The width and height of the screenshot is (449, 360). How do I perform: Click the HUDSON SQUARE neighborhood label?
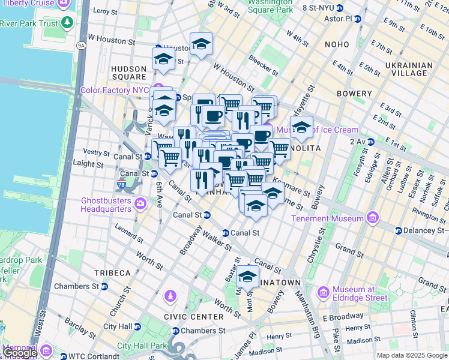click(128, 73)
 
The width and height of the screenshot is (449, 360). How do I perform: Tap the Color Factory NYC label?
click(114, 91)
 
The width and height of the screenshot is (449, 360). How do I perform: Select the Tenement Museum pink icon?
click(372, 217)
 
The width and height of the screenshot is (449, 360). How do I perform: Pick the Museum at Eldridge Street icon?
click(324, 293)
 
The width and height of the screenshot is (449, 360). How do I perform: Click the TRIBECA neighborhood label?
click(112, 273)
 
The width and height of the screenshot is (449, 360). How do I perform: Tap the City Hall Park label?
click(142, 346)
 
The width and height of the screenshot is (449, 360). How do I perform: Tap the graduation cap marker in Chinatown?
click(247, 277)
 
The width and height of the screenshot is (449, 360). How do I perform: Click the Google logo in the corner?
click(19, 353)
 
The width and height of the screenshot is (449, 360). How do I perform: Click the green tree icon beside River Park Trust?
click(67, 23)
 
